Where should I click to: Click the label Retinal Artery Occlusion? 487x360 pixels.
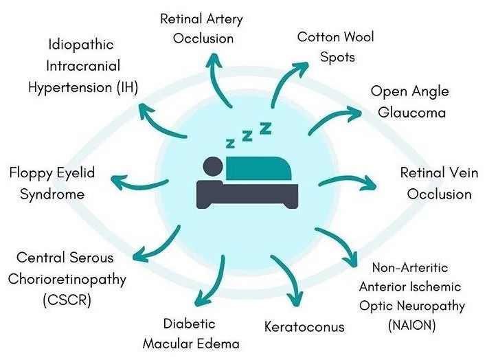coord(201,28)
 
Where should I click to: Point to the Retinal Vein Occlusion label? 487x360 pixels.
coord(439,183)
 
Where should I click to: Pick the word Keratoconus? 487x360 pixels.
coord(304,326)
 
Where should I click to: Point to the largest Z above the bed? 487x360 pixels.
coord(264,127)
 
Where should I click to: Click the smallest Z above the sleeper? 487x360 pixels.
coord(229,144)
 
